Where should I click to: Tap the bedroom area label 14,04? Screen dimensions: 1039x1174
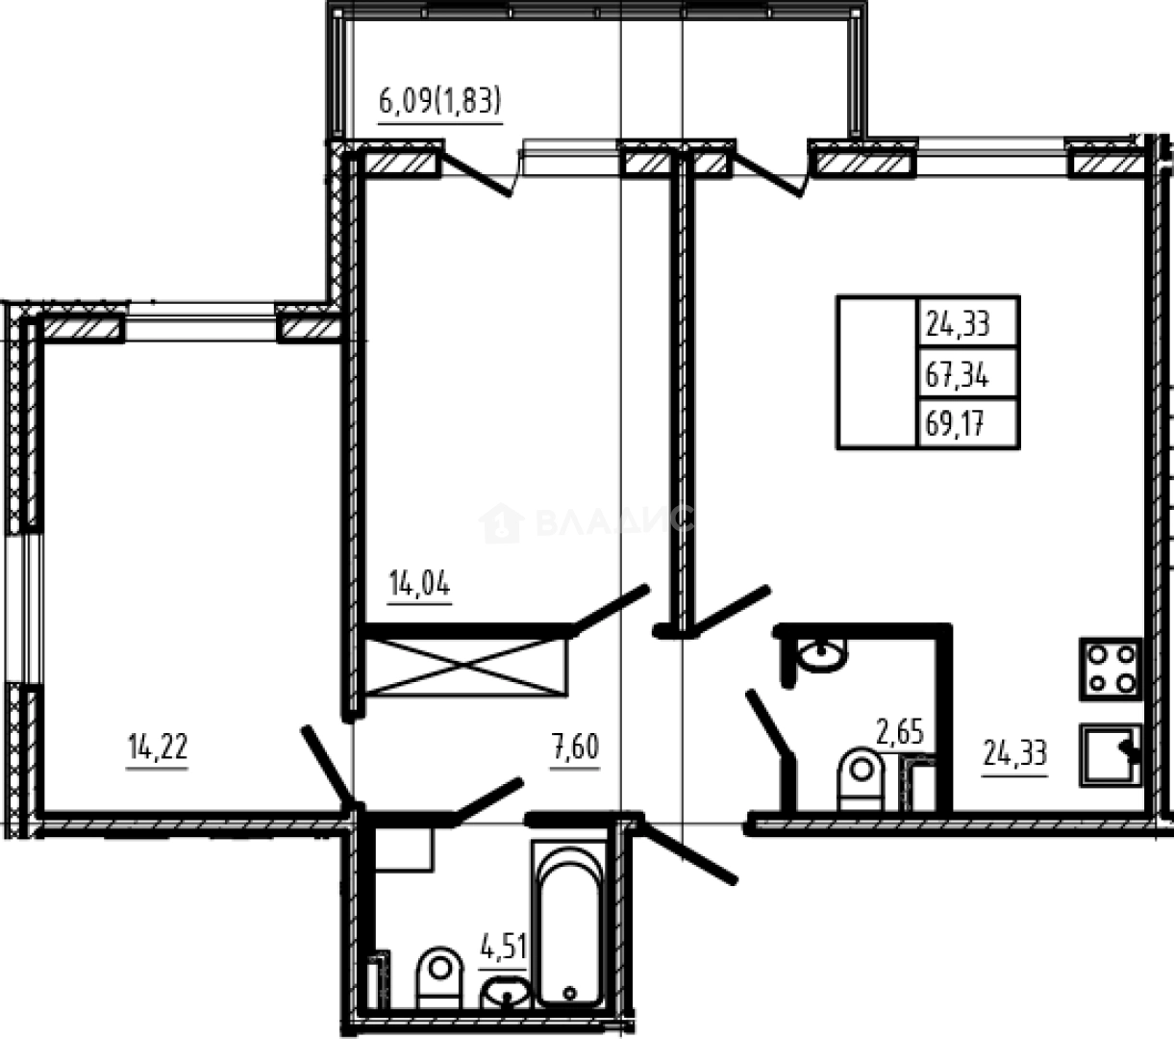[x=419, y=584]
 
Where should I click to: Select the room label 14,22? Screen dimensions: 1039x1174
[x=157, y=748]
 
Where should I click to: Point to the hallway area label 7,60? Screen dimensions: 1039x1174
[x=574, y=748]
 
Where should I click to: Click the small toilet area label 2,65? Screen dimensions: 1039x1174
[x=899, y=732]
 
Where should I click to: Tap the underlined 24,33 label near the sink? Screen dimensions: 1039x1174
[x=1014, y=749]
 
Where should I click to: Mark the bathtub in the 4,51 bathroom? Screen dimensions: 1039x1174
[x=569, y=922]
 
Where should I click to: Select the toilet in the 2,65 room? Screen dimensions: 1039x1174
[x=862, y=779]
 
